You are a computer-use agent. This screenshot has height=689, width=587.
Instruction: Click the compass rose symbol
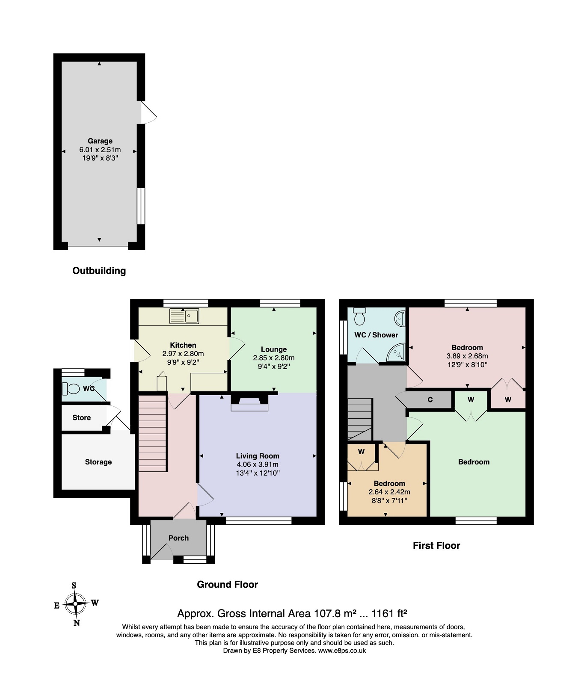76,604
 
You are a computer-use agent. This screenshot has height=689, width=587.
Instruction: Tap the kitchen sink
184,316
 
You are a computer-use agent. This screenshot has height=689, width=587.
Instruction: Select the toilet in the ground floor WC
71,389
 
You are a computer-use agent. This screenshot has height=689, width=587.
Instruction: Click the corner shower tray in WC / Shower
396,353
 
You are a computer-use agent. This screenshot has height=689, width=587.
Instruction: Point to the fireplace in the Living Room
249,402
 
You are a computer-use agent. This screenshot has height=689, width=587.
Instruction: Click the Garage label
100,141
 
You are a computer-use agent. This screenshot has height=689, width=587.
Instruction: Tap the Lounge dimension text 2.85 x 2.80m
274,358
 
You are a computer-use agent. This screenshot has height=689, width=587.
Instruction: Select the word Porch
178,538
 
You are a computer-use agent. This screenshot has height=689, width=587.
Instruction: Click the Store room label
81,418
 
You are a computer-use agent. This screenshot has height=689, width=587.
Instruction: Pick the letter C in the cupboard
430,400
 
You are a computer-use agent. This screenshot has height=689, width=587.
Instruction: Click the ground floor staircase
153,433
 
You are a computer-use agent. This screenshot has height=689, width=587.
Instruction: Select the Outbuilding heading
99,271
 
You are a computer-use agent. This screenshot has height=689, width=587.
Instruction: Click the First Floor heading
436,546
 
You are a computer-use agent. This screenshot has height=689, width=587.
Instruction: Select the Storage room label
98,462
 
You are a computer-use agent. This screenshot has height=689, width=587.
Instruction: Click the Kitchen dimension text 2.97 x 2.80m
183,354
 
